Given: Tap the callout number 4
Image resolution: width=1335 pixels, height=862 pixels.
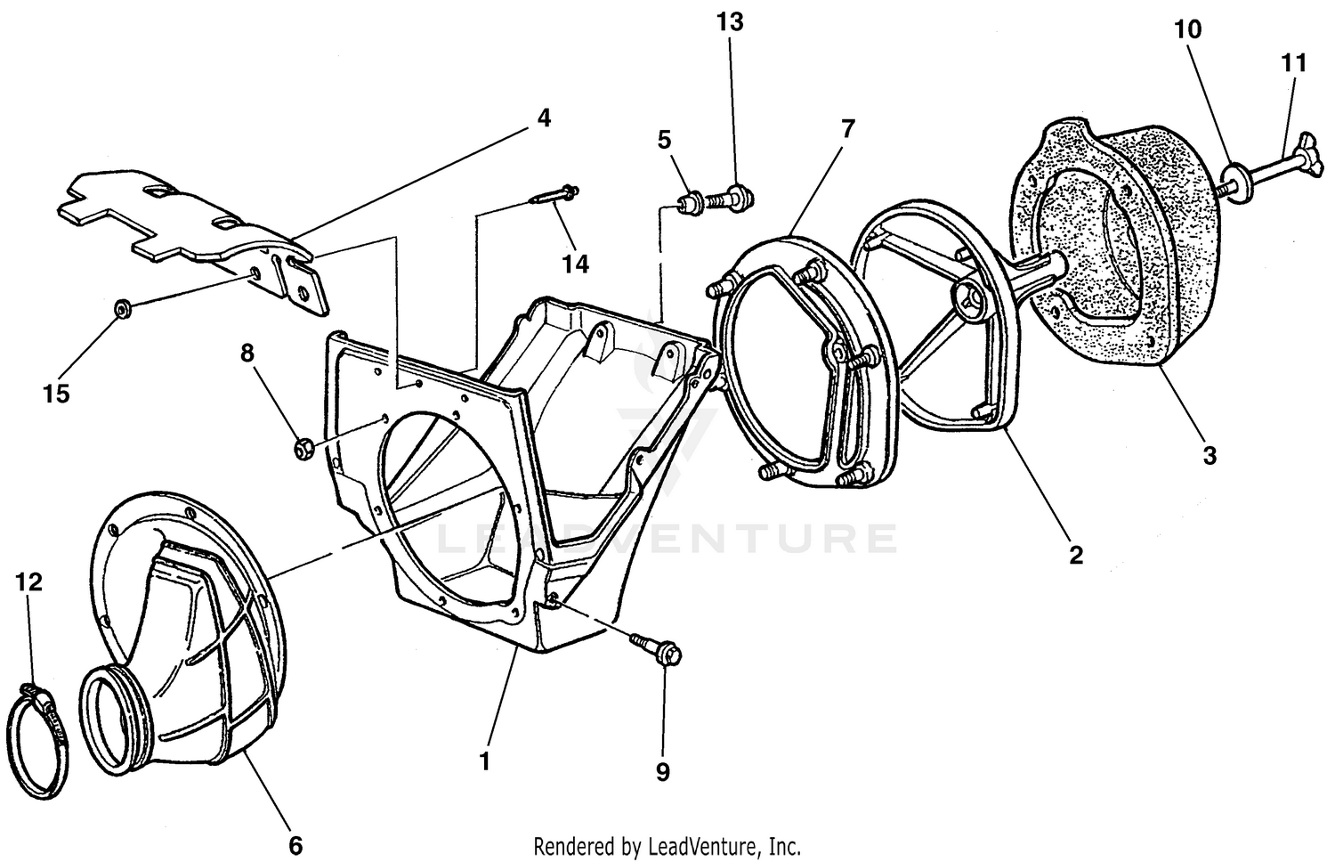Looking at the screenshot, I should pos(543,118).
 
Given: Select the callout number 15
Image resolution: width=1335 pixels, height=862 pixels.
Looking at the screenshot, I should pos(56,394).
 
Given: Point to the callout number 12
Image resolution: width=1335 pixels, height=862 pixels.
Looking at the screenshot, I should pos(28,582).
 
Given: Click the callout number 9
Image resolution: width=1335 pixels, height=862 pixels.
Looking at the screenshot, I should pos(662,772).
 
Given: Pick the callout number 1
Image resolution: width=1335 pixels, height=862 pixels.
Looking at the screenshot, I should pos(485,761).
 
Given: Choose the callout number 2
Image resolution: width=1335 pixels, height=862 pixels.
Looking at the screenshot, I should pos(1075,555).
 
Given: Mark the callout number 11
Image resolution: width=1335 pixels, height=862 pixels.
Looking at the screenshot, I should pos(1294,63).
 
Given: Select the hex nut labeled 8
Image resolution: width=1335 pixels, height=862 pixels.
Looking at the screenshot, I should pos(302,448).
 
